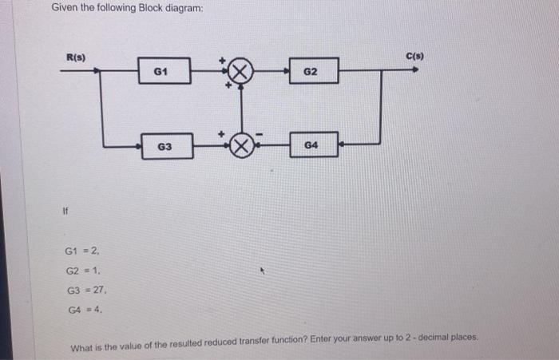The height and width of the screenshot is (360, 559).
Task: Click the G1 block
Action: pyautogui.click(x=164, y=71)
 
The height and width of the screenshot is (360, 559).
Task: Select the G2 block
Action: pyautogui.click(x=311, y=72)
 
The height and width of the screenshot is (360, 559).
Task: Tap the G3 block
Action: pyautogui.click(x=165, y=146)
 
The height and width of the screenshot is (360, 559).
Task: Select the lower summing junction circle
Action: pyautogui.click(x=243, y=146)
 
